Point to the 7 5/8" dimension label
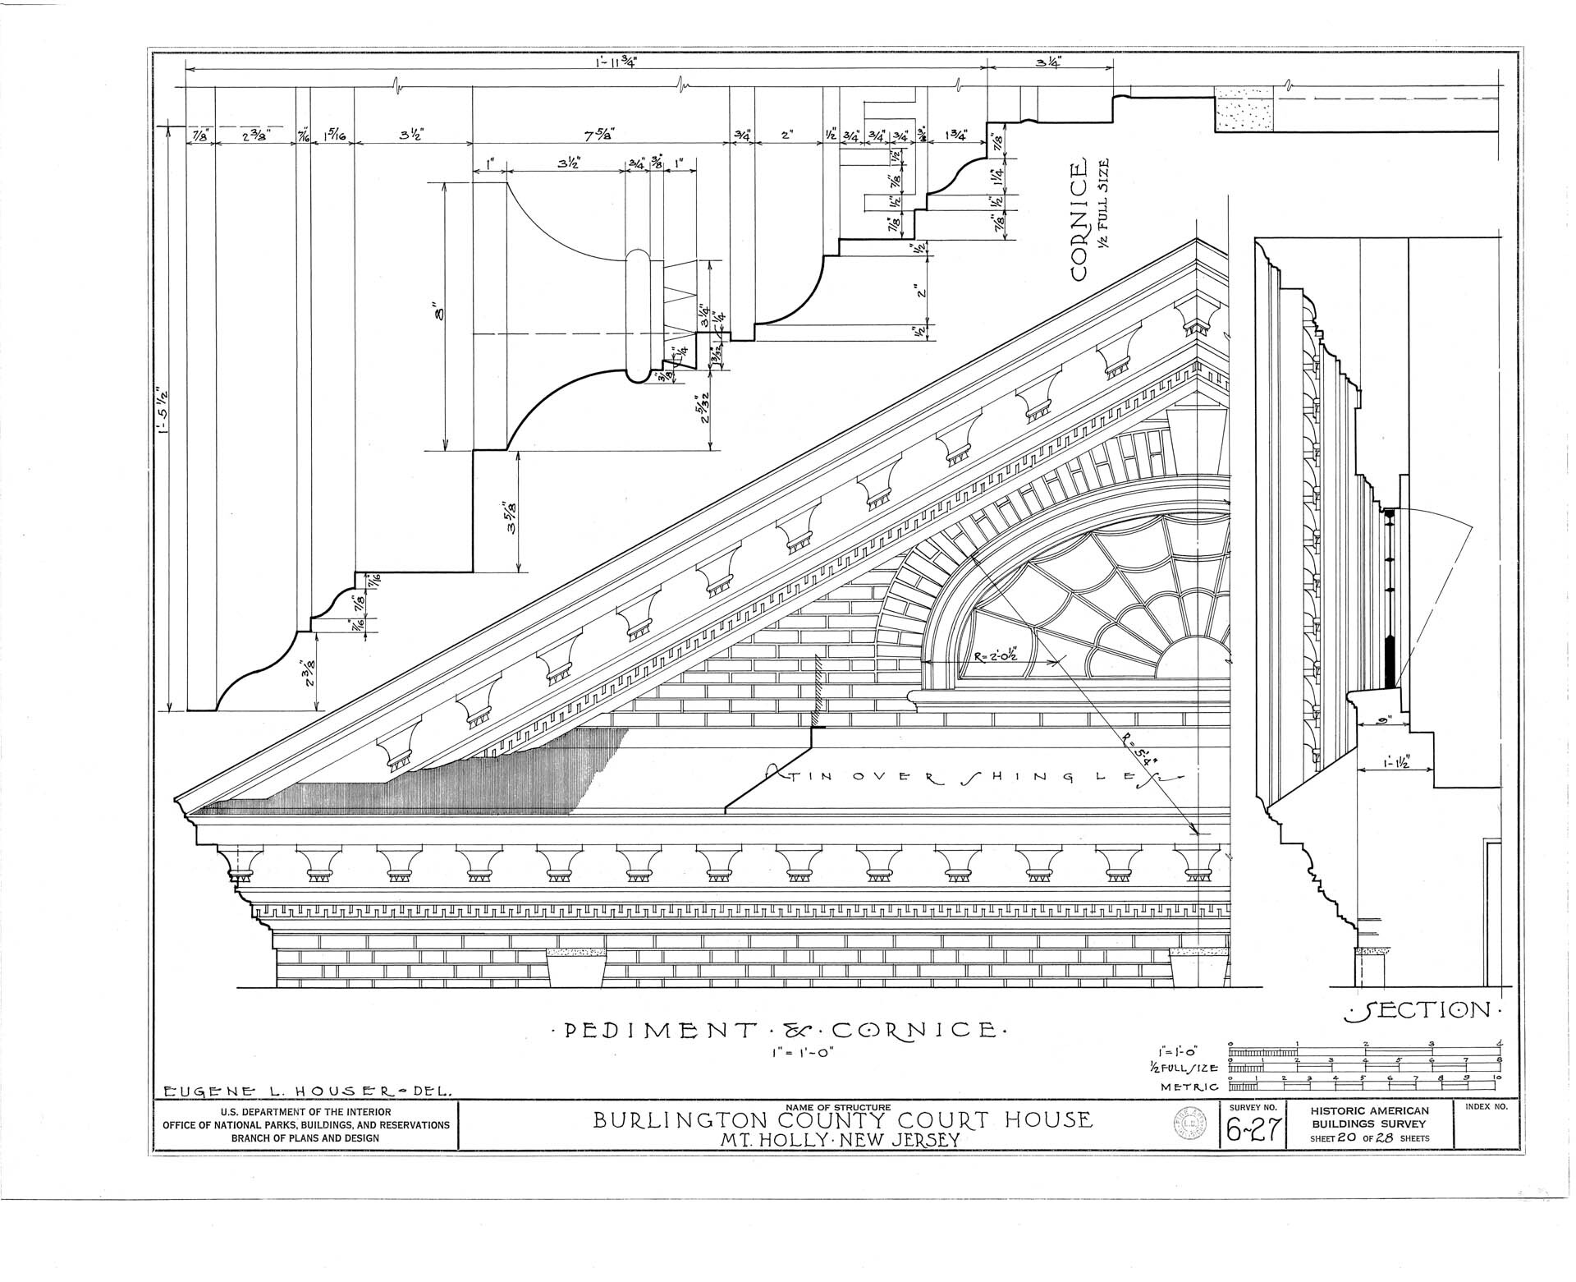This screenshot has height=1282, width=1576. pos(601,134)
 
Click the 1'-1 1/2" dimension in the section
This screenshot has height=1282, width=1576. pos(1394,760)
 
